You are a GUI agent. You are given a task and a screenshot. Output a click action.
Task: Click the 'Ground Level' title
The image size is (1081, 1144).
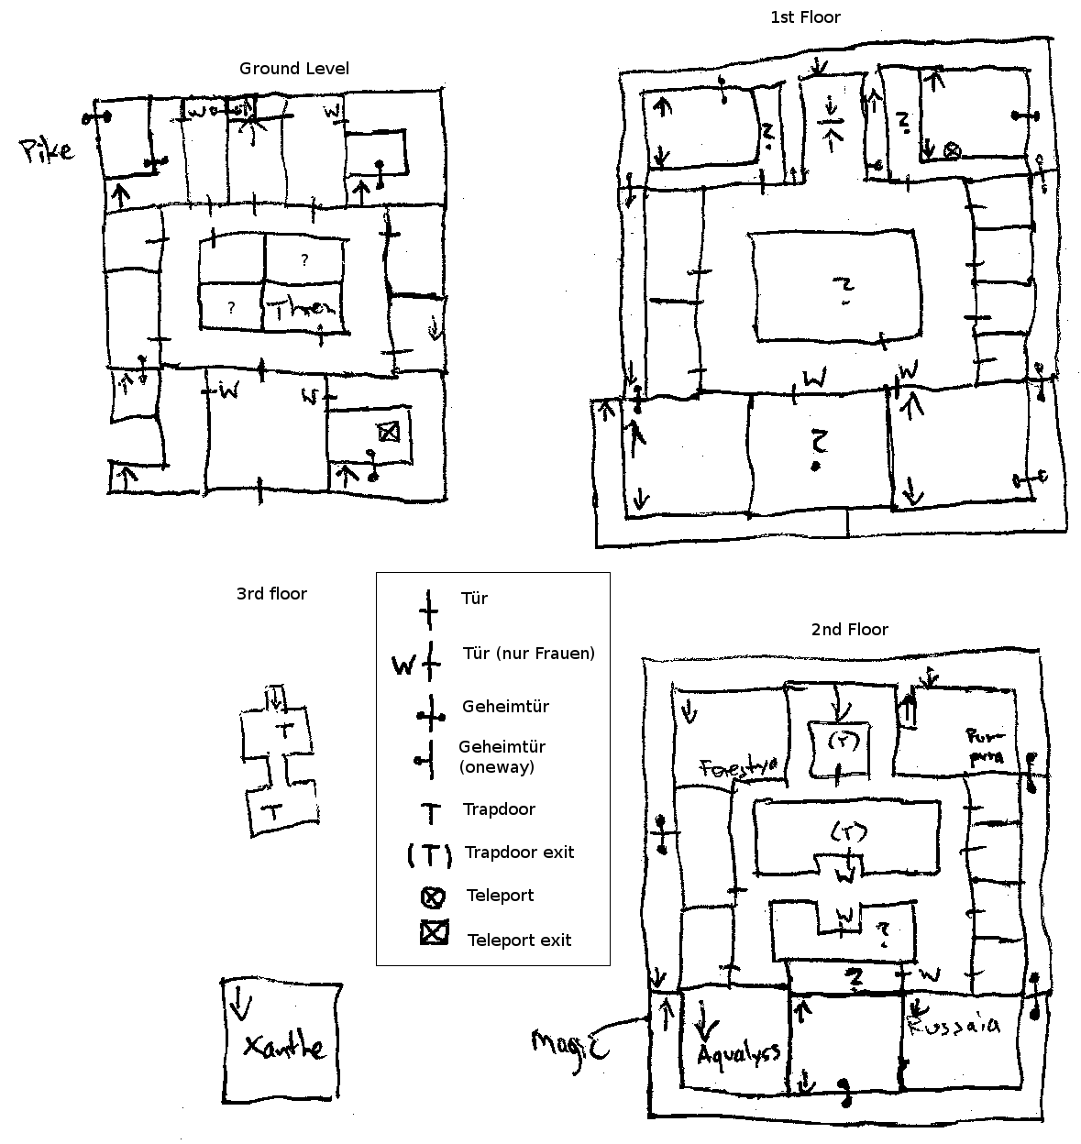293,69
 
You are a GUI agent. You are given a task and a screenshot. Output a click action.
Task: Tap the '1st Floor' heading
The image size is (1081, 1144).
804,17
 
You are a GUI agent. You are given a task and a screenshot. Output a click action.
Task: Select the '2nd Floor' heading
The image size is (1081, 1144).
849,630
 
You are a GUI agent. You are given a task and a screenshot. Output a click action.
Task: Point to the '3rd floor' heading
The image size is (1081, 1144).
271,594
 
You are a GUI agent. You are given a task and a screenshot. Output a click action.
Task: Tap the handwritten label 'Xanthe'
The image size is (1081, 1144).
283,1046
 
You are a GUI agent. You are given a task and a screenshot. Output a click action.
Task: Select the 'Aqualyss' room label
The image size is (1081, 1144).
738,1053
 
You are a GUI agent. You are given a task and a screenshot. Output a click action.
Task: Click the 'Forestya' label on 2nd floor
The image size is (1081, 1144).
739,767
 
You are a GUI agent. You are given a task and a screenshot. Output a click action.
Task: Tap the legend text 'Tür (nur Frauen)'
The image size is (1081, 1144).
529,654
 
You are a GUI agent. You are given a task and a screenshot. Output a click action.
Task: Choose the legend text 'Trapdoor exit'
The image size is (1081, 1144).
519,852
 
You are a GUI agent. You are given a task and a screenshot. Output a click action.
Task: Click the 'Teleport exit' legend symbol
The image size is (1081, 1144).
434,934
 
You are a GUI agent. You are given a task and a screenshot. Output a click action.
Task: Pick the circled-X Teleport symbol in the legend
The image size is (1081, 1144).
433,896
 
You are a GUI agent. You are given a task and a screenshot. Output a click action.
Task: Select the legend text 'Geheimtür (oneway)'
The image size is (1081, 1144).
502,757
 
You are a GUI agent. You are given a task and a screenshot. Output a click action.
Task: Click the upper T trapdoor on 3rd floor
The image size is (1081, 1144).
284,731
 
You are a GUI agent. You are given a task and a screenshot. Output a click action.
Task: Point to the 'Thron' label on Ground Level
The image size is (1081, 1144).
300,309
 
